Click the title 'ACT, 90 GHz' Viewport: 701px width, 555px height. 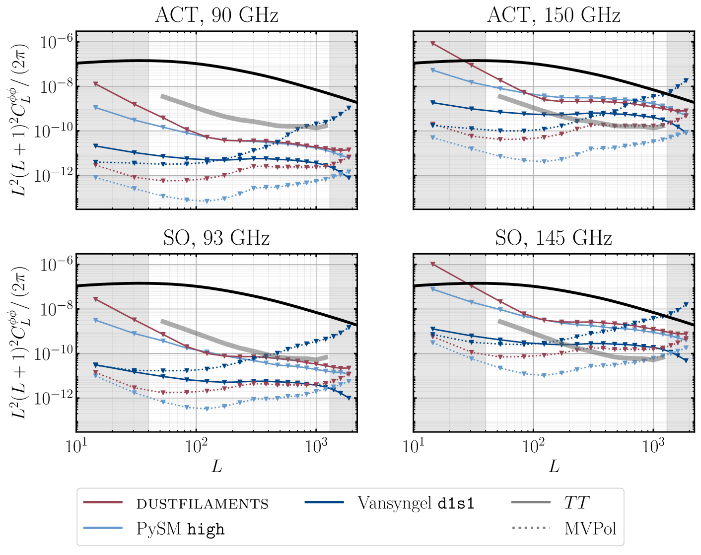pos(216,15)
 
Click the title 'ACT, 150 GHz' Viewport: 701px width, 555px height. pos(554,15)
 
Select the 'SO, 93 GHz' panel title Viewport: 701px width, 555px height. pos(216,238)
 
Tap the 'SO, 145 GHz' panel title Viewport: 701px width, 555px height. pos(554,238)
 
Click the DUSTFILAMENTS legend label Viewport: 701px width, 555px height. pos(203,504)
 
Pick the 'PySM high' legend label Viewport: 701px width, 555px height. pos(181,529)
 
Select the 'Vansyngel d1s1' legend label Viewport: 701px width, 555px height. pos(416,503)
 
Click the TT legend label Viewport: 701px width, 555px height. pos(575,503)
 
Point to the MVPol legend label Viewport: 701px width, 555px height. pos(590,528)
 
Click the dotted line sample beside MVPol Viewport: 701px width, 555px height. pos(531,528)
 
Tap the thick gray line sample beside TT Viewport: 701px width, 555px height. pos(531,503)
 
